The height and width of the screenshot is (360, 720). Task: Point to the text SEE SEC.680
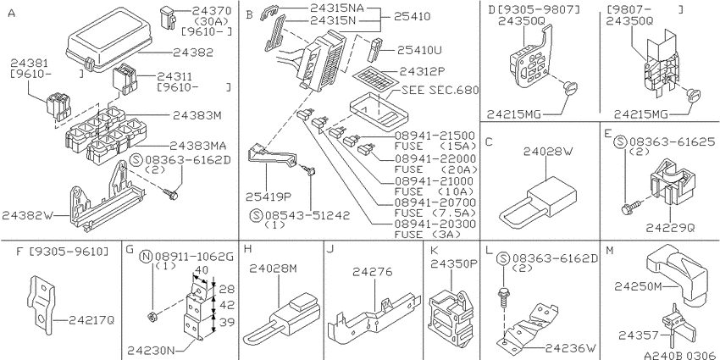click(x=440, y=90)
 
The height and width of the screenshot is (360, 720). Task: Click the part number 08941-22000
click(x=435, y=158)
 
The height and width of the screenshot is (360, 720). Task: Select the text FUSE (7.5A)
click(x=435, y=213)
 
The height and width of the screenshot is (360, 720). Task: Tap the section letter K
click(x=434, y=250)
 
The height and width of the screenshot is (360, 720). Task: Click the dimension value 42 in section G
click(x=227, y=305)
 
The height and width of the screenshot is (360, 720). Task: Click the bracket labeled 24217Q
click(x=40, y=304)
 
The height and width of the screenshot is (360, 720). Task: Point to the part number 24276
click(x=373, y=271)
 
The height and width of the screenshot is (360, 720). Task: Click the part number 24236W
click(x=572, y=347)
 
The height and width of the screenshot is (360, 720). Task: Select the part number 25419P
click(x=268, y=197)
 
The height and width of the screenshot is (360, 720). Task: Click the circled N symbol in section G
click(x=146, y=257)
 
